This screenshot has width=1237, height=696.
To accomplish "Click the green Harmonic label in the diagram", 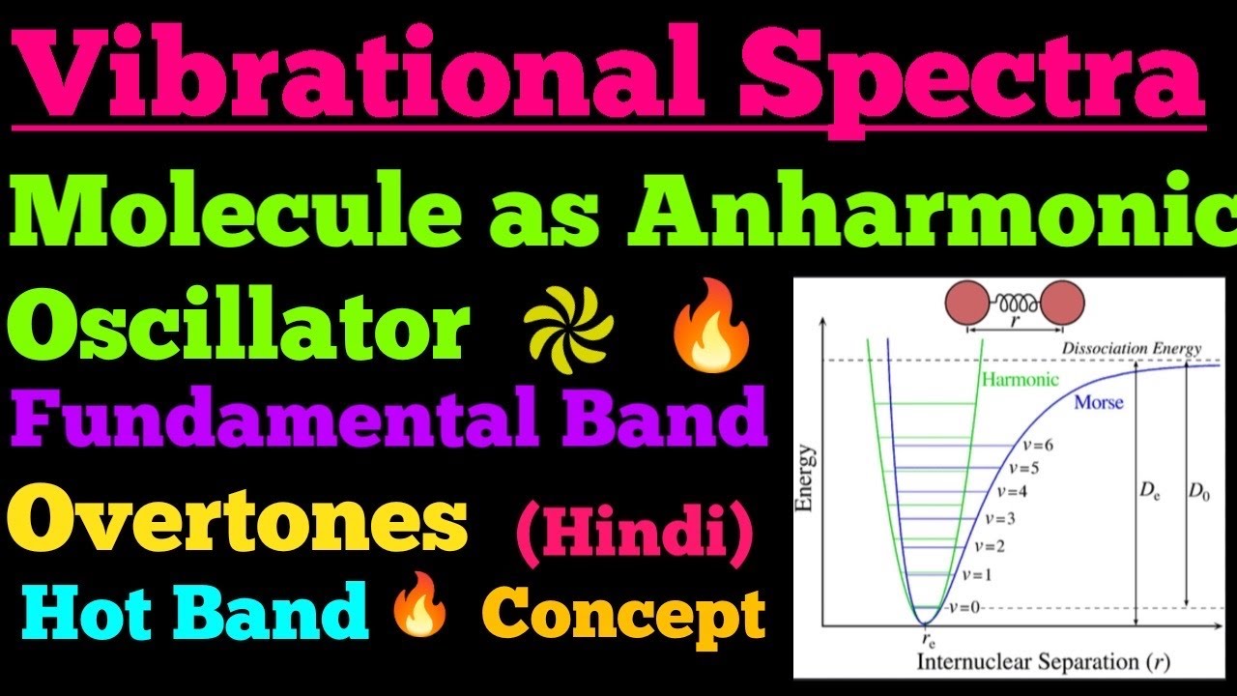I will (x=1020, y=380).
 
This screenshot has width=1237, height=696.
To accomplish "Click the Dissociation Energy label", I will (x=1131, y=348).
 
